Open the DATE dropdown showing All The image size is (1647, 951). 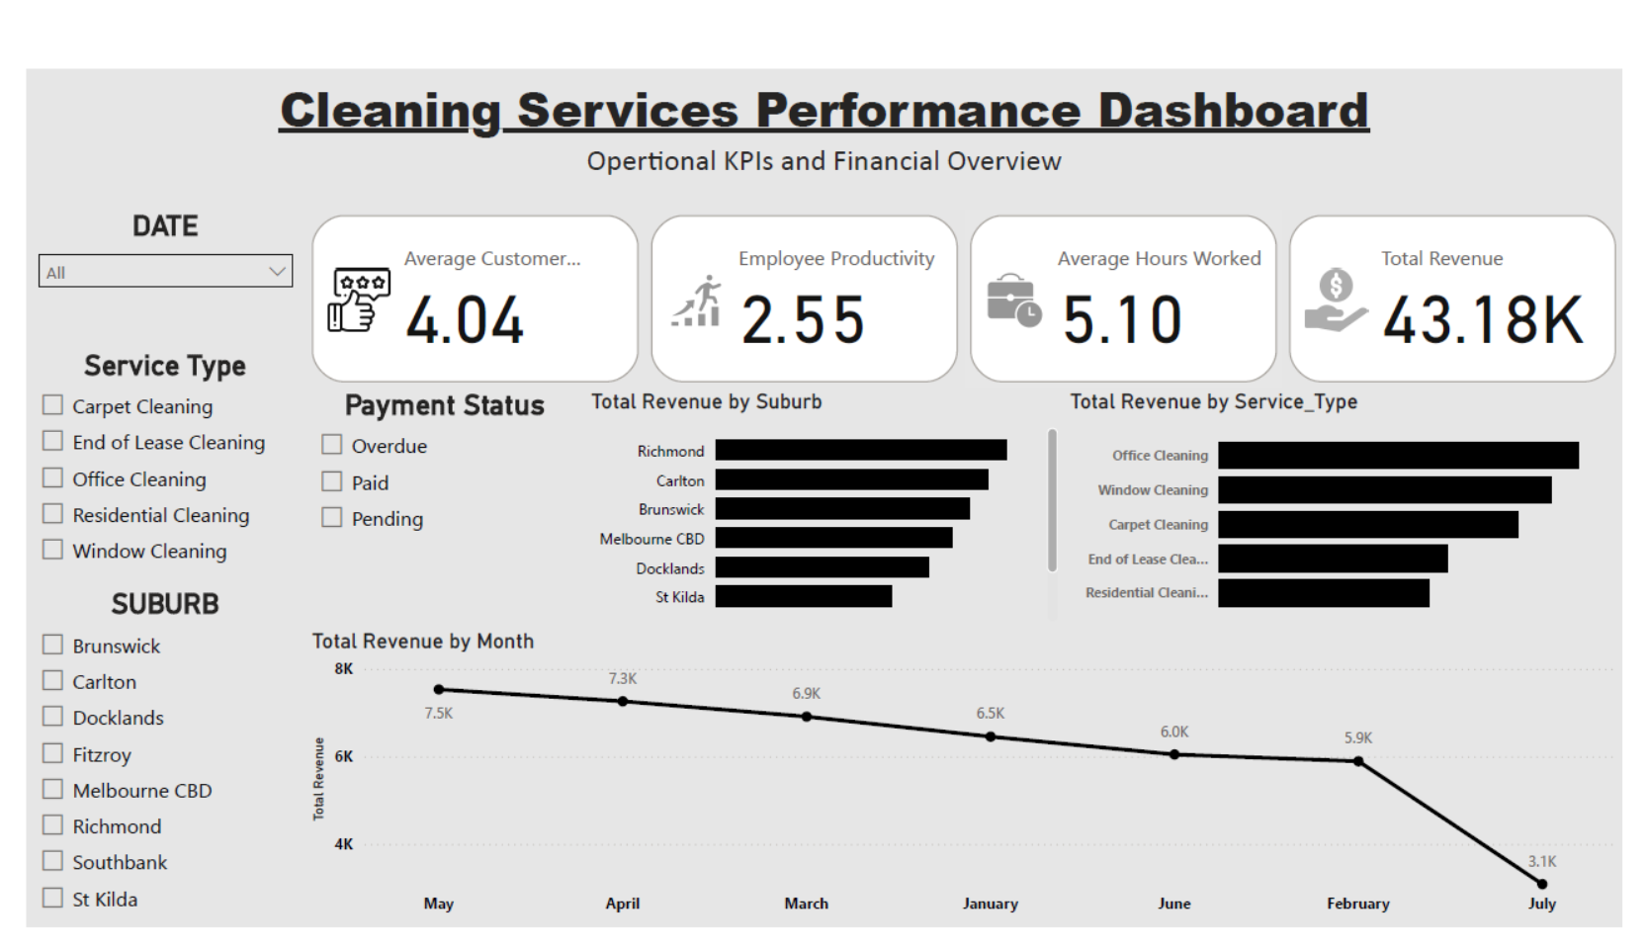pyautogui.click(x=165, y=272)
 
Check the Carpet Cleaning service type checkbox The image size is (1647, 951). pyautogui.click(x=52, y=404)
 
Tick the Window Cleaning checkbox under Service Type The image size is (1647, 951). pyautogui.click(x=52, y=550)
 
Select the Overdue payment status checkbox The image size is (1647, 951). pyautogui.click(x=331, y=444)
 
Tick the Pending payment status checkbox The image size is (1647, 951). pyautogui.click(x=331, y=517)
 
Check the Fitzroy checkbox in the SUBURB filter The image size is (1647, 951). pyautogui.click(x=52, y=753)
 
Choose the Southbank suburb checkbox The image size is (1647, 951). pyautogui.click(x=52, y=860)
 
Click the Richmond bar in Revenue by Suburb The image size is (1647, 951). pyautogui.click(x=861, y=450)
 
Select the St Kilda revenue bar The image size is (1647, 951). pyautogui.click(x=804, y=596)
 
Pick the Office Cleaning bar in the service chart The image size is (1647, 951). pyautogui.click(x=1399, y=456)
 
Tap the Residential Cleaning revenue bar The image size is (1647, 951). pyautogui.click(x=1324, y=593)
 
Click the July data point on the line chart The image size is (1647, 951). pyautogui.click(x=1542, y=884)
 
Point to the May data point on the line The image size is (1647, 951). pyautogui.click(x=439, y=690)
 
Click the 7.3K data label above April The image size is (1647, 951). pyautogui.click(x=623, y=679)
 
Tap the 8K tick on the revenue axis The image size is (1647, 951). pyautogui.click(x=343, y=669)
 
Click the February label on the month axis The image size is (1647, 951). pyautogui.click(x=1358, y=904)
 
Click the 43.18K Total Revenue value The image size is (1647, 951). pyautogui.click(x=1483, y=320)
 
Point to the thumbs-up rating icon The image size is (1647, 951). pyautogui.click(x=359, y=301)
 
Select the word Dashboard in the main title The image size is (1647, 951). pyautogui.click(x=1233, y=111)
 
